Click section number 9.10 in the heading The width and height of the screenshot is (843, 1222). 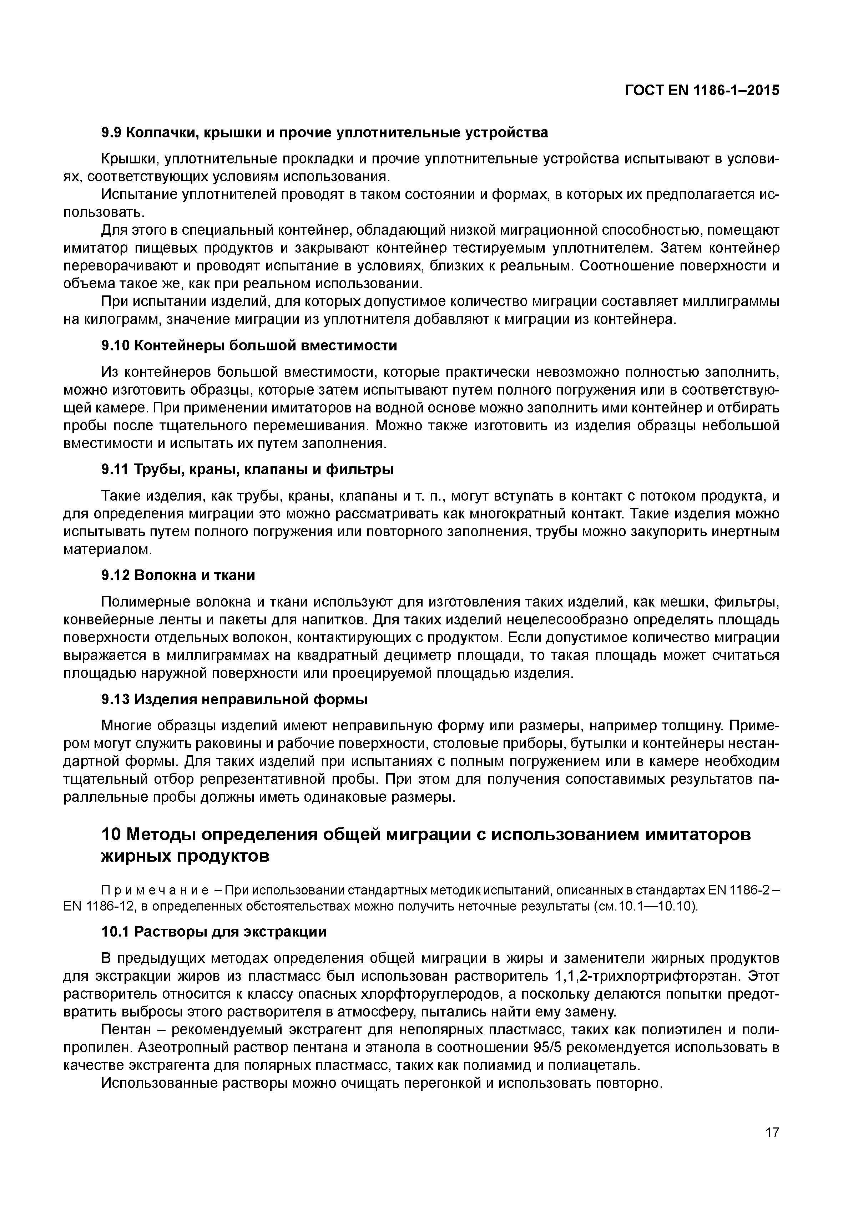click(x=115, y=346)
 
